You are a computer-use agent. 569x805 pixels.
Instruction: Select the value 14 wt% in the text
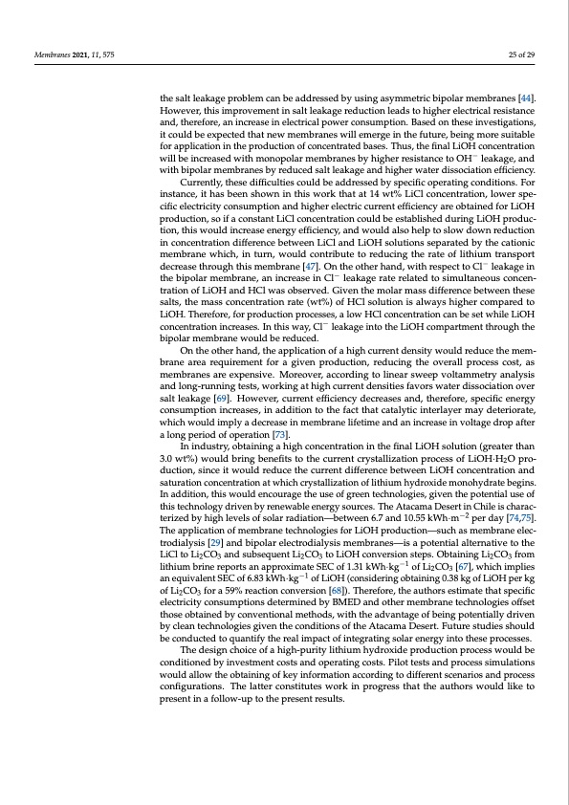click(361, 193)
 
